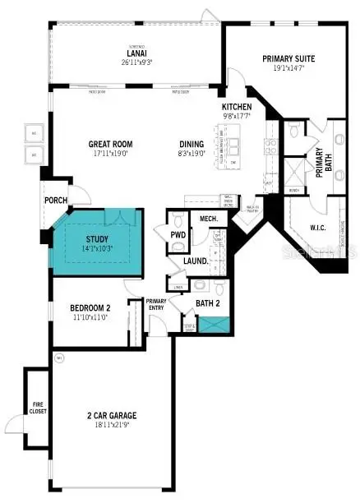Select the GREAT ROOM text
point(110,144)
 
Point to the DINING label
point(192,144)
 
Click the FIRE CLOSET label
point(38,407)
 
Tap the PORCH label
point(56,199)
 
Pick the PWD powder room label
point(178,235)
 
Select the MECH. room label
point(207,219)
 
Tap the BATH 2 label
point(207,303)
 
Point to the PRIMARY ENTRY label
point(156,303)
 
